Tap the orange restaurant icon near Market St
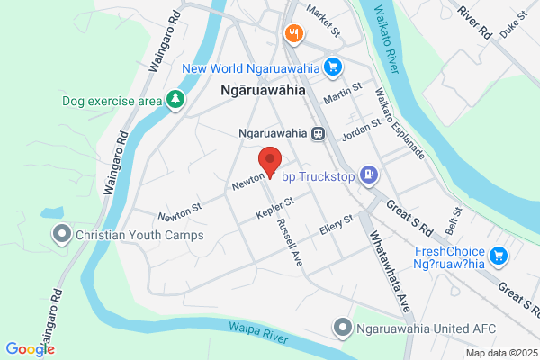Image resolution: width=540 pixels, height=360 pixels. click(293, 34)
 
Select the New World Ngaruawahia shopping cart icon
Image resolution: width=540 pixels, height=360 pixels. click(333, 66)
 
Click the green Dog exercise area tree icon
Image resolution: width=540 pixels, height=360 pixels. click(177, 100)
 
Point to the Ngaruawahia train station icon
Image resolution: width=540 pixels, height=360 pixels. click(317, 133)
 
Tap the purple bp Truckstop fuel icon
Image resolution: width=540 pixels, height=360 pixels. click(367, 174)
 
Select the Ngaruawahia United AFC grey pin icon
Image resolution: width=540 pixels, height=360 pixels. click(342, 328)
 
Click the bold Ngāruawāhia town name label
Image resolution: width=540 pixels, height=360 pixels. click(263, 91)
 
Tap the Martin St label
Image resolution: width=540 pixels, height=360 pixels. click(343, 92)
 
